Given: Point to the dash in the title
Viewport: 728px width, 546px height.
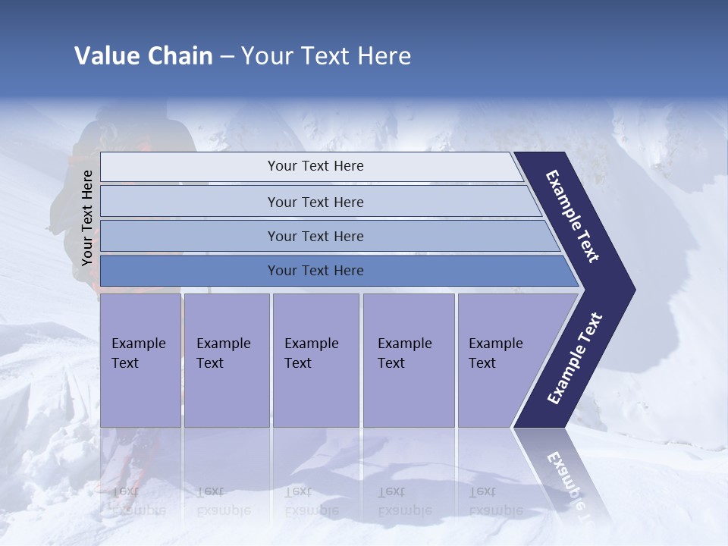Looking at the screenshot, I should (x=227, y=57).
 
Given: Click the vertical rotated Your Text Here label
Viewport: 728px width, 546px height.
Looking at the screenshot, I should (x=87, y=218).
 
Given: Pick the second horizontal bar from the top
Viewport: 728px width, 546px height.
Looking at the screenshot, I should (x=315, y=202).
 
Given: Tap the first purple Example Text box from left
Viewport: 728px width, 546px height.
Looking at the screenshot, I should (x=140, y=360).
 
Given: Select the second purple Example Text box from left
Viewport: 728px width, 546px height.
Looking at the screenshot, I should (x=226, y=360).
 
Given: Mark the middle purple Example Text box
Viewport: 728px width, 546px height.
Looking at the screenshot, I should (x=315, y=360).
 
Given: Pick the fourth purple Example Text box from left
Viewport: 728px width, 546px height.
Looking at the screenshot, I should (x=408, y=360).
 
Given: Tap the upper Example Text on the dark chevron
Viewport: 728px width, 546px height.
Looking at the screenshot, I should (x=573, y=217).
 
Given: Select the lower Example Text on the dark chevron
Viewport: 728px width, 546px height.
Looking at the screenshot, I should (x=575, y=358).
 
